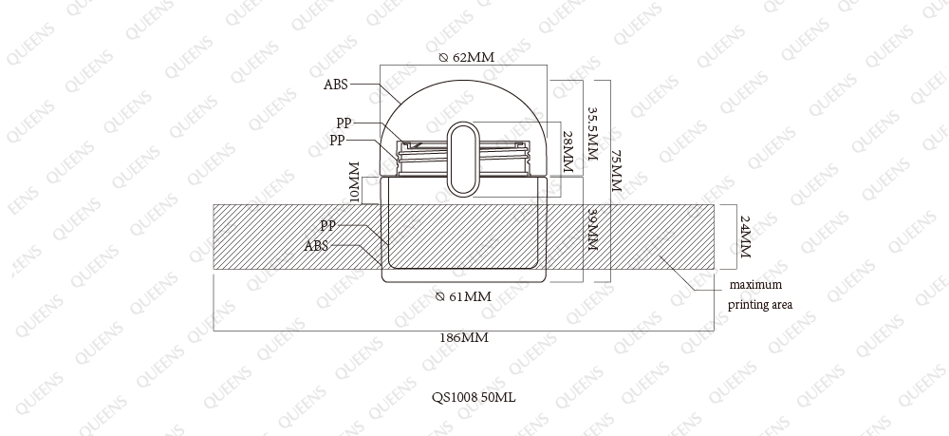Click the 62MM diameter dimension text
(x=466, y=58)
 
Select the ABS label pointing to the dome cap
(x=336, y=85)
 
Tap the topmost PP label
(x=344, y=123)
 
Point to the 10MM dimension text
(x=355, y=183)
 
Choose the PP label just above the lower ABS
(x=328, y=226)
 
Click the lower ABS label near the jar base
(x=316, y=246)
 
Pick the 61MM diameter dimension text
(x=464, y=296)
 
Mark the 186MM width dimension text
(x=464, y=338)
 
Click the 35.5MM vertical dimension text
(x=592, y=135)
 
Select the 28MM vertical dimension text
(x=568, y=153)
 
